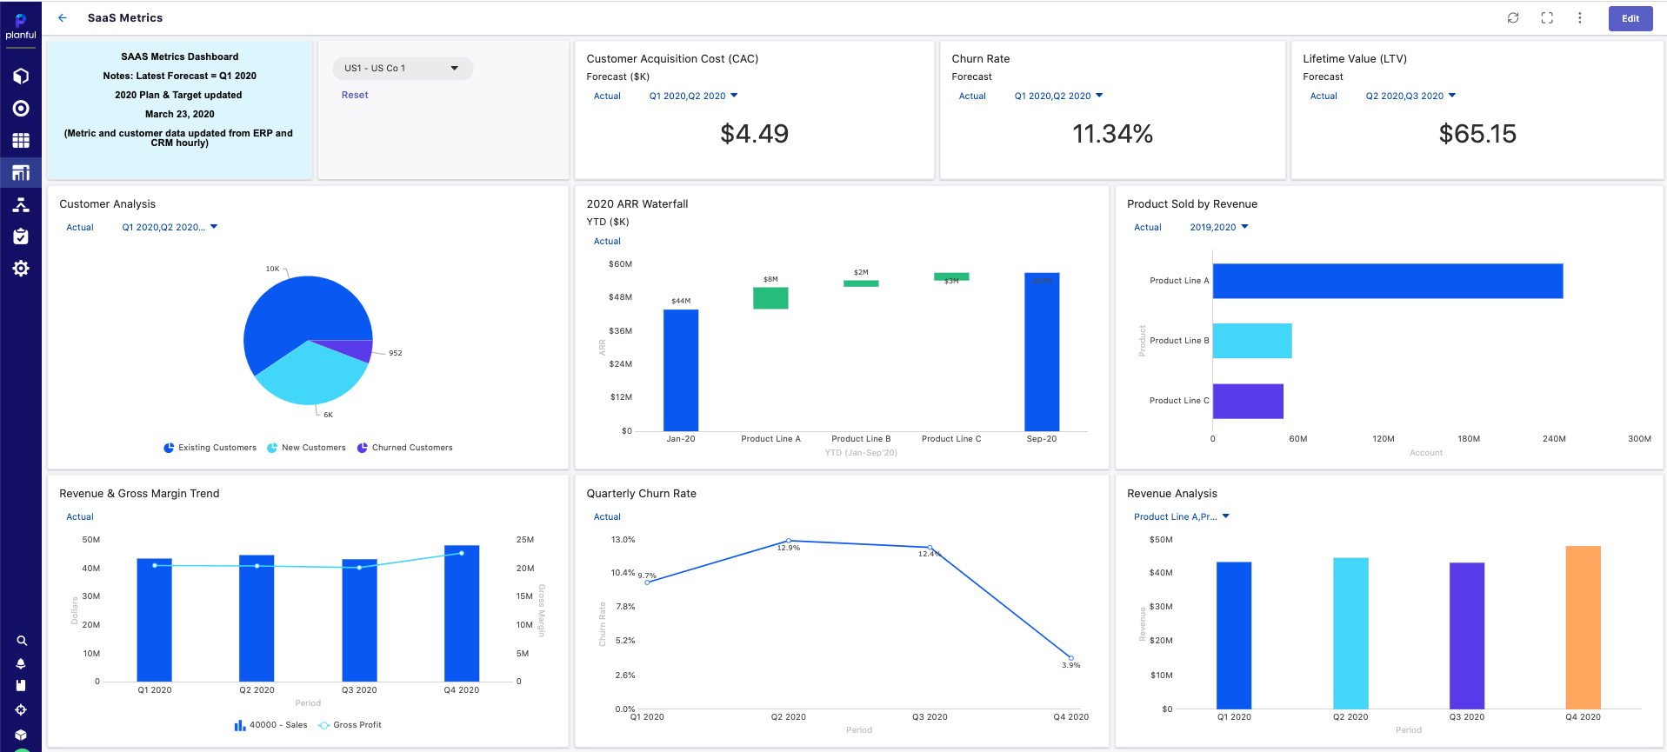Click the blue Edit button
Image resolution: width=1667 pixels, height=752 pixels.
pos(1630,18)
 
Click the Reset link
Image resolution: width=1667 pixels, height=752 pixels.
pos(355,96)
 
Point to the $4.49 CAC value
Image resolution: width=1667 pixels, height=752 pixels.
pos(754,134)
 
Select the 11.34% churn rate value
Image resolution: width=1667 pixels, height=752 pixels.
pos(1112,134)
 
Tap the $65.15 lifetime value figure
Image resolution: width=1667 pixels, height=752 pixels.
pos(1477,134)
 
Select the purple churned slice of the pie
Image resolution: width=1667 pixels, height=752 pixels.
pos(352,349)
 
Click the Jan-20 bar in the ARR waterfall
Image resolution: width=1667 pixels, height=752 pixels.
pos(681,369)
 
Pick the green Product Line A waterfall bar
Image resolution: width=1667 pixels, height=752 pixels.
pos(770,298)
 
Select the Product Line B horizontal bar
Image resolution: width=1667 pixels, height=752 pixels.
pos(1251,341)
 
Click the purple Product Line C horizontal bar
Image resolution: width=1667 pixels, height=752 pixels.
pos(1248,401)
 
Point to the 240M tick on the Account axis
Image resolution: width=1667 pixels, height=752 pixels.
pos(1554,439)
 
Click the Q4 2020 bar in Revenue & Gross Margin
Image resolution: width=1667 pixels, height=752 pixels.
pos(462,613)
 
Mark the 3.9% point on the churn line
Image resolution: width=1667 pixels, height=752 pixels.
pos(1070,658)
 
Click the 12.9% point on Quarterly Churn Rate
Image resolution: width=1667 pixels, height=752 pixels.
pos(789,541)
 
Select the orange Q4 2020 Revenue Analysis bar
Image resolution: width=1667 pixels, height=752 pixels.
pos(1583,627)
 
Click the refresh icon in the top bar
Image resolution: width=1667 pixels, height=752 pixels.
pos(1513,18)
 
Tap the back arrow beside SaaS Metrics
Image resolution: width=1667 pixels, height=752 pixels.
pos(63,18)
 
